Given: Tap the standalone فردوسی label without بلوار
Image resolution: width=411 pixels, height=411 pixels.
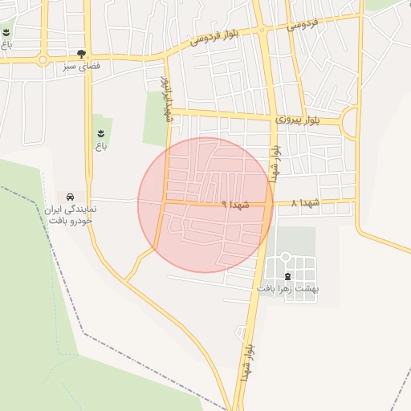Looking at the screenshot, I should (x=303, y=25).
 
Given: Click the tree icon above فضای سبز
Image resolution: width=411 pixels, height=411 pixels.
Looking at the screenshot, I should (x=81, y=53).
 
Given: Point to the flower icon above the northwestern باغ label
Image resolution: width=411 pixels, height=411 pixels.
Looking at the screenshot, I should (x=6, y=32).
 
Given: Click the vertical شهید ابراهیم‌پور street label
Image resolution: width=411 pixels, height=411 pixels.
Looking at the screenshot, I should (x=167, y=99).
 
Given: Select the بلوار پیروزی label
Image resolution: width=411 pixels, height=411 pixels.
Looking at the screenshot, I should (x=297, y=119).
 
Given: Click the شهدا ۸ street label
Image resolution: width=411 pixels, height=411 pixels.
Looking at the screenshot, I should (x=305, y=203).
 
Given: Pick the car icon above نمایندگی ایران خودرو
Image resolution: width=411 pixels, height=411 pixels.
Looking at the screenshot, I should (x=71, y=197).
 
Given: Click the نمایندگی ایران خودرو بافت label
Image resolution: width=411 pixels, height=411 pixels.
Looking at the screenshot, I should (x=71, y=214).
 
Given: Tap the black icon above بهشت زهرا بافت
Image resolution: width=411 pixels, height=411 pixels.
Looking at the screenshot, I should (x=287, y=276).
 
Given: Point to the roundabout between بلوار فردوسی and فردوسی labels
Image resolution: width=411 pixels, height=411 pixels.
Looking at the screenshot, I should (x=262, y=31).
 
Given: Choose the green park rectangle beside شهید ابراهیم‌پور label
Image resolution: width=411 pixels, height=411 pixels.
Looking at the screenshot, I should (x=155, y=119).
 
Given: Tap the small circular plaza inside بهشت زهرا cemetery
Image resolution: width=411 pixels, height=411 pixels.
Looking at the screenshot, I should (x=285, y=258).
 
